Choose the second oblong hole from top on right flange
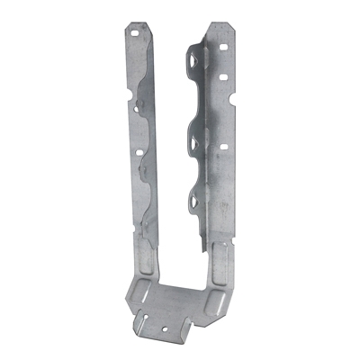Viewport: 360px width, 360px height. click(221, 77)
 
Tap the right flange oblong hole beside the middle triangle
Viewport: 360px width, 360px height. click(221, 143)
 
